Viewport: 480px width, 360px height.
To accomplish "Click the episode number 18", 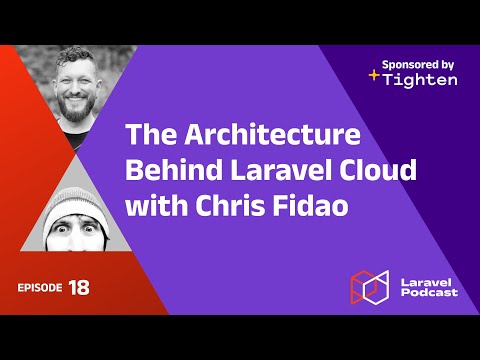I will (79, 288).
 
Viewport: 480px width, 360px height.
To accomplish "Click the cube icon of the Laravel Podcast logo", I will (368, 286).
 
